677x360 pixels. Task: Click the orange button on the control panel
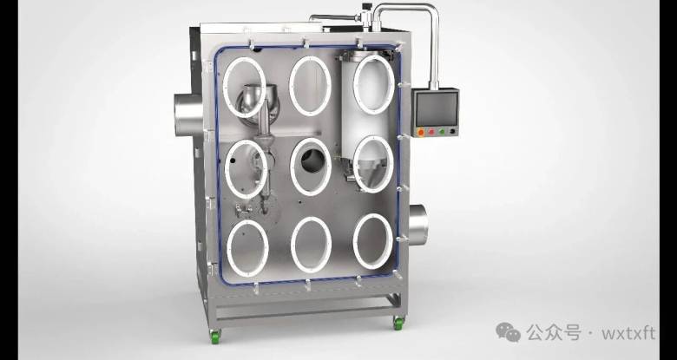click(x=421, y=133)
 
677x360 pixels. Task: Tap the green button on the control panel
click(x=441, y=132)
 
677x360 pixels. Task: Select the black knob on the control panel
click(x=452, y=131)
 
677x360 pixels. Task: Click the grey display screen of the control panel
click(x=436, y=109)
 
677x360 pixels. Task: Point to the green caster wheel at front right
click(x=398, y=324)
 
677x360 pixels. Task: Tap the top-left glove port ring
click(x=225, y=88)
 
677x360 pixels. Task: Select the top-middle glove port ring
click(x=291, y=86)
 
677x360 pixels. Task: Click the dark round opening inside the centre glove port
click(x=312, y=160)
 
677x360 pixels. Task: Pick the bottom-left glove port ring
click(x=228, y=248)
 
